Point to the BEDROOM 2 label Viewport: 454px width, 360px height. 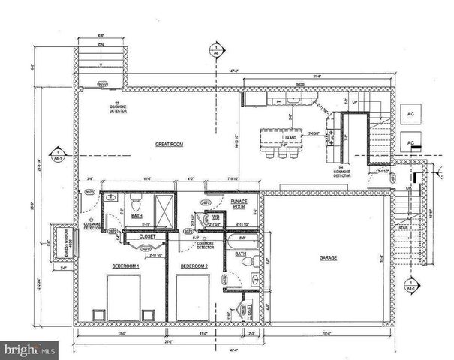tap(194, 265)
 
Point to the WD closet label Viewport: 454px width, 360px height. tap(215, 219)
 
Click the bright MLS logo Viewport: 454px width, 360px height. tap(30, 349)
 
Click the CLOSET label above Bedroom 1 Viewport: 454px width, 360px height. tap(146, 235)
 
